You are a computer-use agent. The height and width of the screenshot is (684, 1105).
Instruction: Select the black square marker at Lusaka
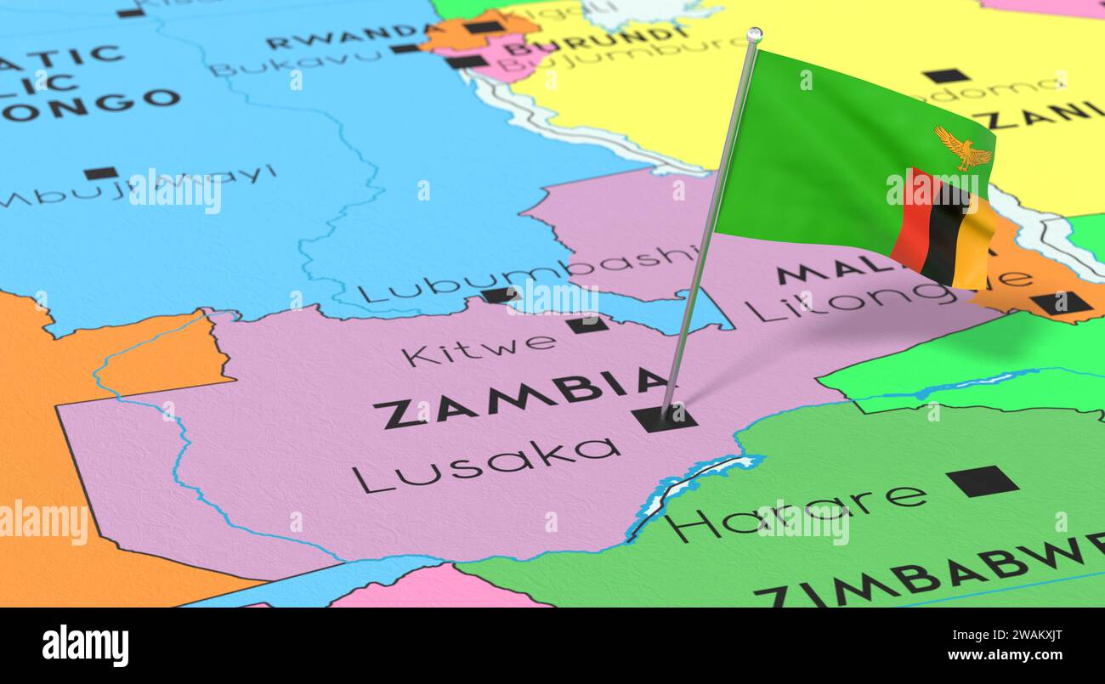(663, 418)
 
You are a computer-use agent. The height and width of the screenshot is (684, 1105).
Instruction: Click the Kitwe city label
(479, 348)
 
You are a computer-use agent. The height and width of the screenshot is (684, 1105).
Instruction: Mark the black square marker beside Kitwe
(587, 324)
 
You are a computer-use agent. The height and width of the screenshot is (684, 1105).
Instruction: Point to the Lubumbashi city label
(527, 274)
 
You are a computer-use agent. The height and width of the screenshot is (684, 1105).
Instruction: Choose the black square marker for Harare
(982, 481)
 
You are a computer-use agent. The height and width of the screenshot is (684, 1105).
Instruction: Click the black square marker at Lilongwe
(1061, 302)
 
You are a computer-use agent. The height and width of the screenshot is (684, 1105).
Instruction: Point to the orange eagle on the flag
(963, 149)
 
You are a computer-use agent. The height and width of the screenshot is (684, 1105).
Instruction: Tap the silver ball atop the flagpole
(753, 35)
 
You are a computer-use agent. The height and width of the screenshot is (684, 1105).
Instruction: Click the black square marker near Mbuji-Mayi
(100, 173)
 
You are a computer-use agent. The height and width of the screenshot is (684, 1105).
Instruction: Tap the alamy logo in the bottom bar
(85, 645)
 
